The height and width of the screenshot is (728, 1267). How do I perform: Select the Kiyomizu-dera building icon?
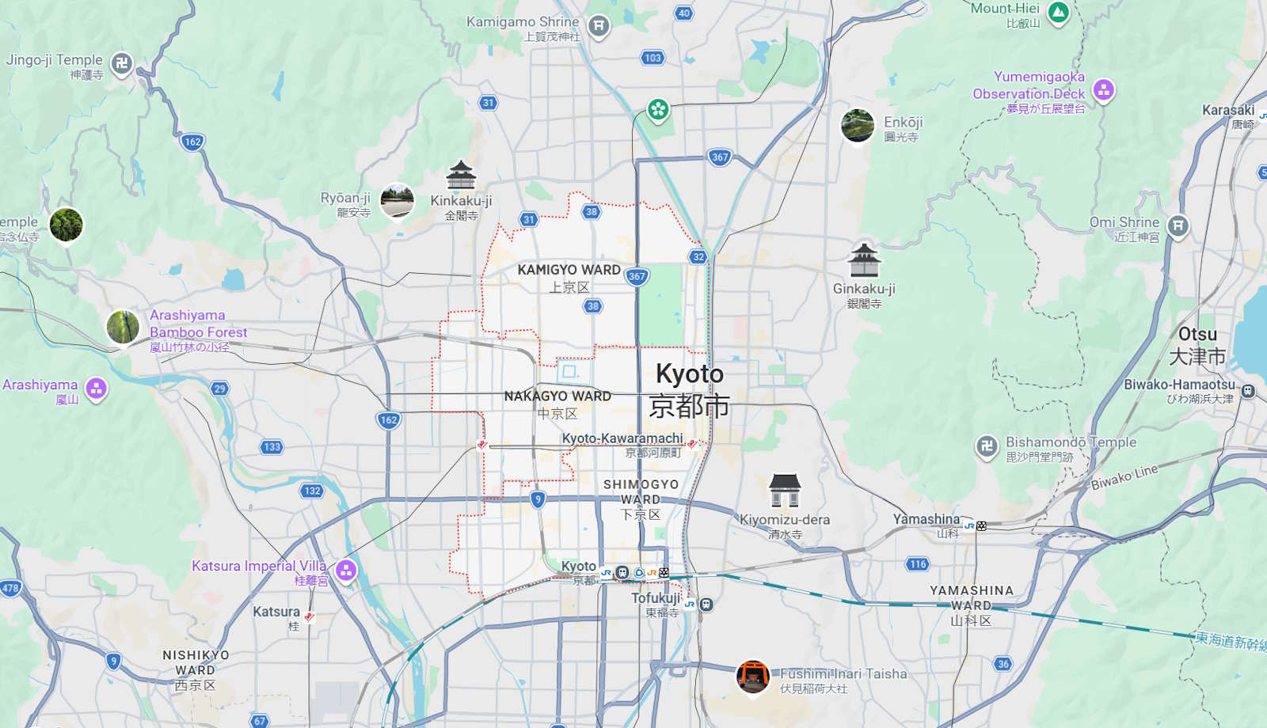pos(785,491)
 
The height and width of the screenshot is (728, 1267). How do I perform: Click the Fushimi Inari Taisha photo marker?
pos(752,677)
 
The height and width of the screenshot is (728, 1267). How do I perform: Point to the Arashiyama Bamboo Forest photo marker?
pos(124,327)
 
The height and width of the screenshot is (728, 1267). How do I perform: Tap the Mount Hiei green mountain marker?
pos(1058,13)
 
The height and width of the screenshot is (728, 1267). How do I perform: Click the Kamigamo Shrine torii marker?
pos(599,26)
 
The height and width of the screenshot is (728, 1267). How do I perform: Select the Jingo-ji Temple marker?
pos(121,63)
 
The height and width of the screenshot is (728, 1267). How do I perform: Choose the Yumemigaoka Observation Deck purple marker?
pos(1103,90)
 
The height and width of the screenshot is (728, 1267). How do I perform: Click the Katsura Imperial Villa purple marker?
pos(346,570)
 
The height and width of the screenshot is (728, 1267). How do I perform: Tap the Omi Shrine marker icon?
pos(1178,226)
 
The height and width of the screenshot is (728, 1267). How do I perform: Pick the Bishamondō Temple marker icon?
pos(987,446)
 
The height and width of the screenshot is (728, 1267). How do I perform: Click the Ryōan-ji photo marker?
pos(397,202)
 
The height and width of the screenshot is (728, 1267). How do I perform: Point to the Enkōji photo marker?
pos(858,126)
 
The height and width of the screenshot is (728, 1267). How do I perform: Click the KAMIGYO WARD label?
pos(569,270)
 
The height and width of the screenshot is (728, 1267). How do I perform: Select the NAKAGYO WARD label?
pos(557,396)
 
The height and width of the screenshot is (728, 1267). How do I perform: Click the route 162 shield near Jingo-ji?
pos(192,142)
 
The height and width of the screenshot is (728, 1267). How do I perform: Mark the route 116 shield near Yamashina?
pos(918,564)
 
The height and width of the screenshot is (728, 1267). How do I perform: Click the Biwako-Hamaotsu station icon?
pos(1248,390)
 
